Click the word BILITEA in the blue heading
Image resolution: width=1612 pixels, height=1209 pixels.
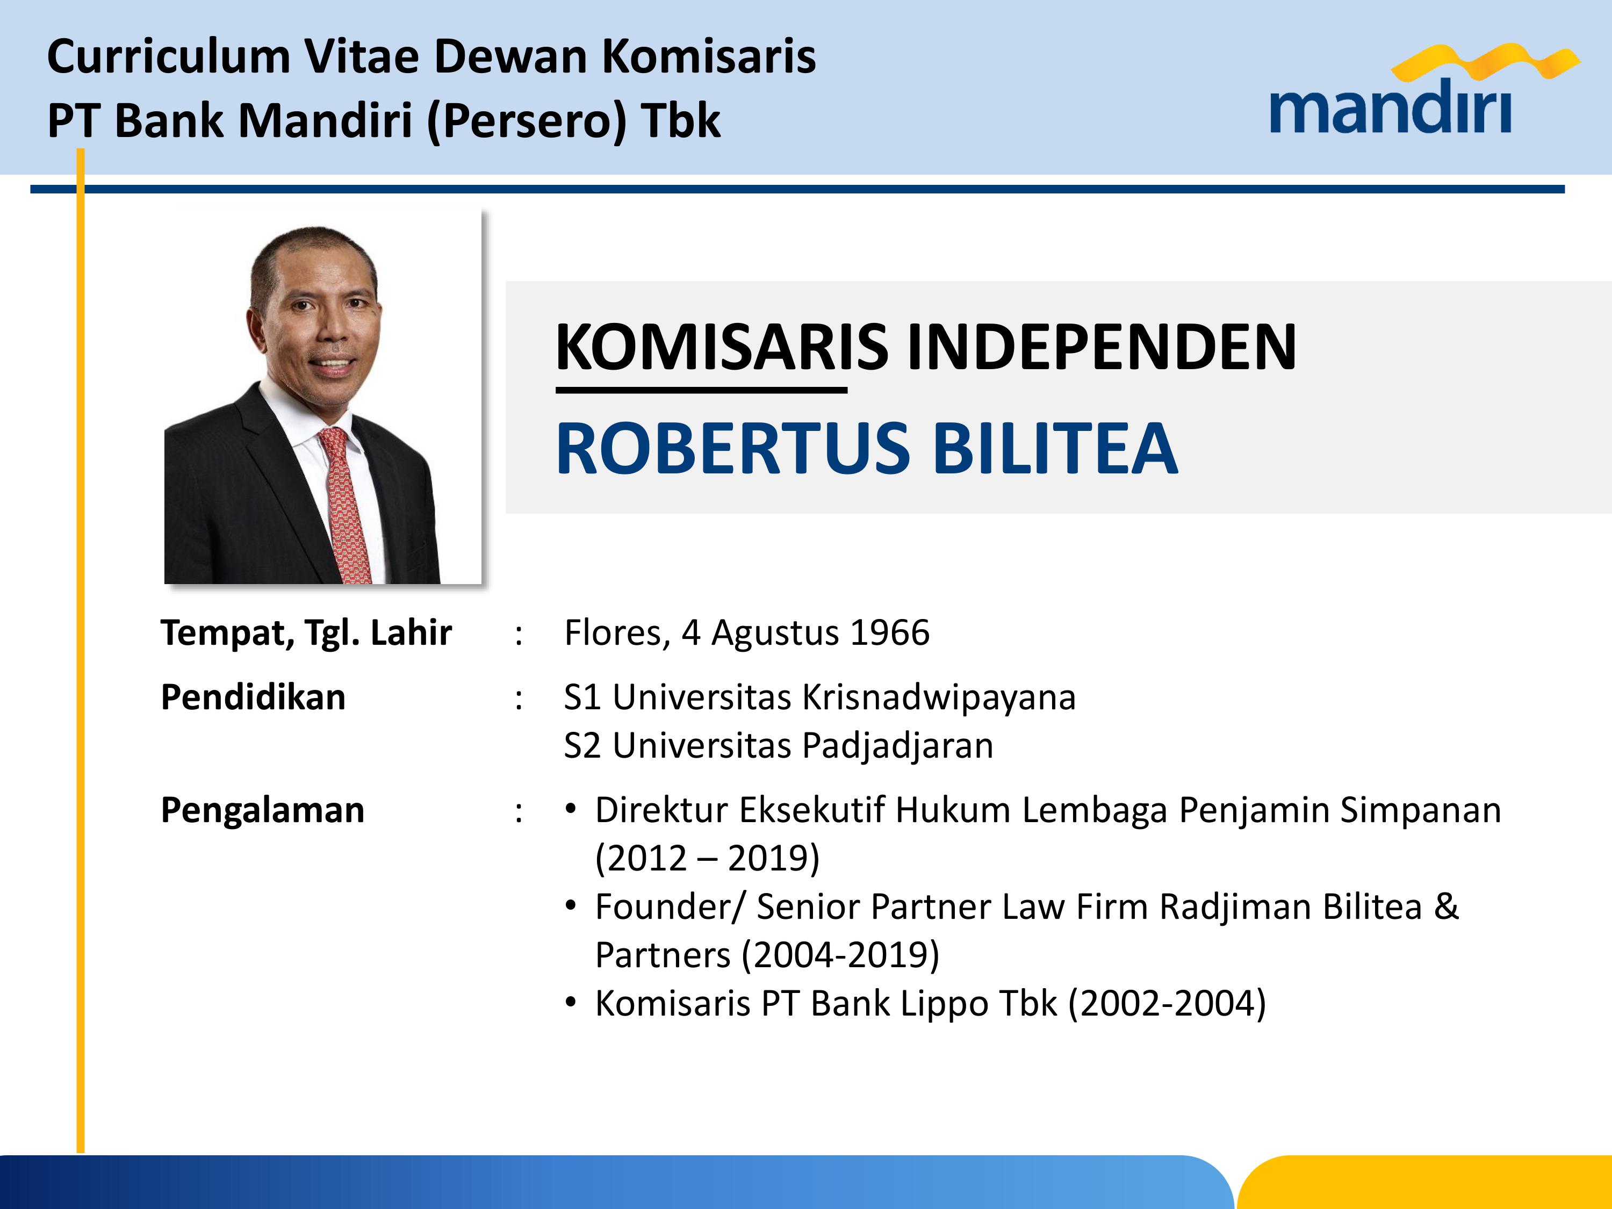pos(1055,448)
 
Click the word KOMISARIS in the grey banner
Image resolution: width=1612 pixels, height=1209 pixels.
pos(722,347)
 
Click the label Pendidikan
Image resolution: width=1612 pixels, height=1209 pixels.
pos(253,697)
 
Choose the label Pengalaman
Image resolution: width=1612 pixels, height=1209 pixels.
pos(262,810)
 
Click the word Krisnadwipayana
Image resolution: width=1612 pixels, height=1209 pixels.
pos(939,697)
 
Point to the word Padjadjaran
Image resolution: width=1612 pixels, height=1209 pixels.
pos(898,745)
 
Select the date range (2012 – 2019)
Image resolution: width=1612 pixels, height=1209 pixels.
pos(707,858)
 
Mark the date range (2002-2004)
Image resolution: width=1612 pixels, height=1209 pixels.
pos(1167,1004)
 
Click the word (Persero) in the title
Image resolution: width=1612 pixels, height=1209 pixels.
pos(526,121)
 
